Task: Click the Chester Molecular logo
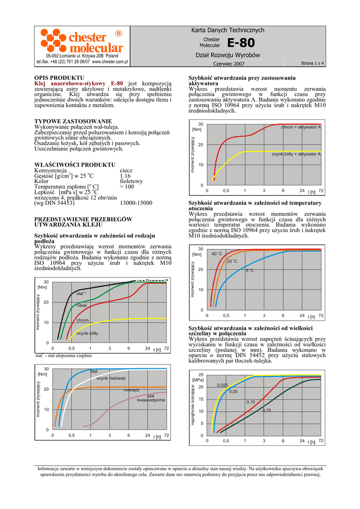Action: point(82,42)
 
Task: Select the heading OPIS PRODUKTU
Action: point(59,78)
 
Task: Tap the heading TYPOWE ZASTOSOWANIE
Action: point(73,121)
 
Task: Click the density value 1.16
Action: point(125,176)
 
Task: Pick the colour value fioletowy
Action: point(131,181)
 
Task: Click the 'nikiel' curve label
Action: point(82,305)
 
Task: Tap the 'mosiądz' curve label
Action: point(131,390)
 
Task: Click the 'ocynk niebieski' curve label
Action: point(111,379)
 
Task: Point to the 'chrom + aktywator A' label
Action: point(301,128)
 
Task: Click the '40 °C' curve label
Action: point(217,254)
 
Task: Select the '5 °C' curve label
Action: point(250,270)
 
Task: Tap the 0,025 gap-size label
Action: point(223,385)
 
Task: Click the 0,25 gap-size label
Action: point(267,410)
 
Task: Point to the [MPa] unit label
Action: point(198,380)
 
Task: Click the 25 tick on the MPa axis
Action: point(201,374)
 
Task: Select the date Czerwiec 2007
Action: point(229,64)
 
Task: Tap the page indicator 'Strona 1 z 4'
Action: point(312,64)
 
